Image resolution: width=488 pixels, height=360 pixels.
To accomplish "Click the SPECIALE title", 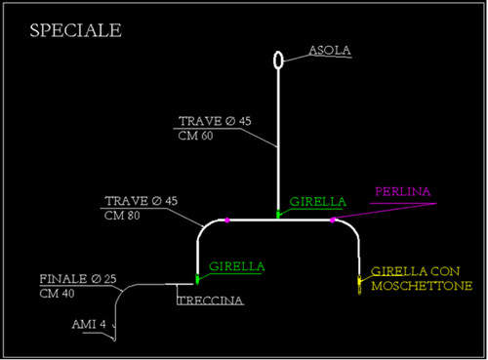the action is coord(75,30).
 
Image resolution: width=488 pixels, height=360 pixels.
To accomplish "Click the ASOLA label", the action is coord(330,51).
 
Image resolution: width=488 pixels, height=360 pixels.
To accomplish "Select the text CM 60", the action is coord(195,136).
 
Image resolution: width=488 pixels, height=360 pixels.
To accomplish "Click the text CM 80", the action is coord(122,216).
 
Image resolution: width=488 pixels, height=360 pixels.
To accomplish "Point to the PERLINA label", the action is coord(403,191).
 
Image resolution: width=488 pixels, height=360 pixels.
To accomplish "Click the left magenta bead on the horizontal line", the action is coord(227,220).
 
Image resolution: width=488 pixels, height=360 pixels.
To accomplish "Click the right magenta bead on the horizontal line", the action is coord(332,220).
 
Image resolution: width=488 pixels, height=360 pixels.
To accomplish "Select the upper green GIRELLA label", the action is coord(317,202).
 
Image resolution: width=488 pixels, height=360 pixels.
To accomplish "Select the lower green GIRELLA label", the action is coord(237,266).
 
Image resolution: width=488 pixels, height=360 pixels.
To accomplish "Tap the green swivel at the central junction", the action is coord(278,215).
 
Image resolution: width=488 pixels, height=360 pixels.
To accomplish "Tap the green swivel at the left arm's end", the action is coord(197,279).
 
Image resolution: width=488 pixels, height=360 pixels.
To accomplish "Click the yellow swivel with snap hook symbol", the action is coord(359,285).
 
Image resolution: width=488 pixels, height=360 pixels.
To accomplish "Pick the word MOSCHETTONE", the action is coord(422,286).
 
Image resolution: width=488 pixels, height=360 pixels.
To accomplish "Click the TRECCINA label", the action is coord(211,300).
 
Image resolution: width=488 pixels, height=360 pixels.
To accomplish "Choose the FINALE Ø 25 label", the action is coord(78,279).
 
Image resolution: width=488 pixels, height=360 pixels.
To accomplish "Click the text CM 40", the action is coord(57,294).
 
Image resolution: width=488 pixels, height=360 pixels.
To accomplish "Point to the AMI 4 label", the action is coord(89,324).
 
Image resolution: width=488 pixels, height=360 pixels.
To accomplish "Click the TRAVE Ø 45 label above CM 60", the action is coord(215,121).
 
